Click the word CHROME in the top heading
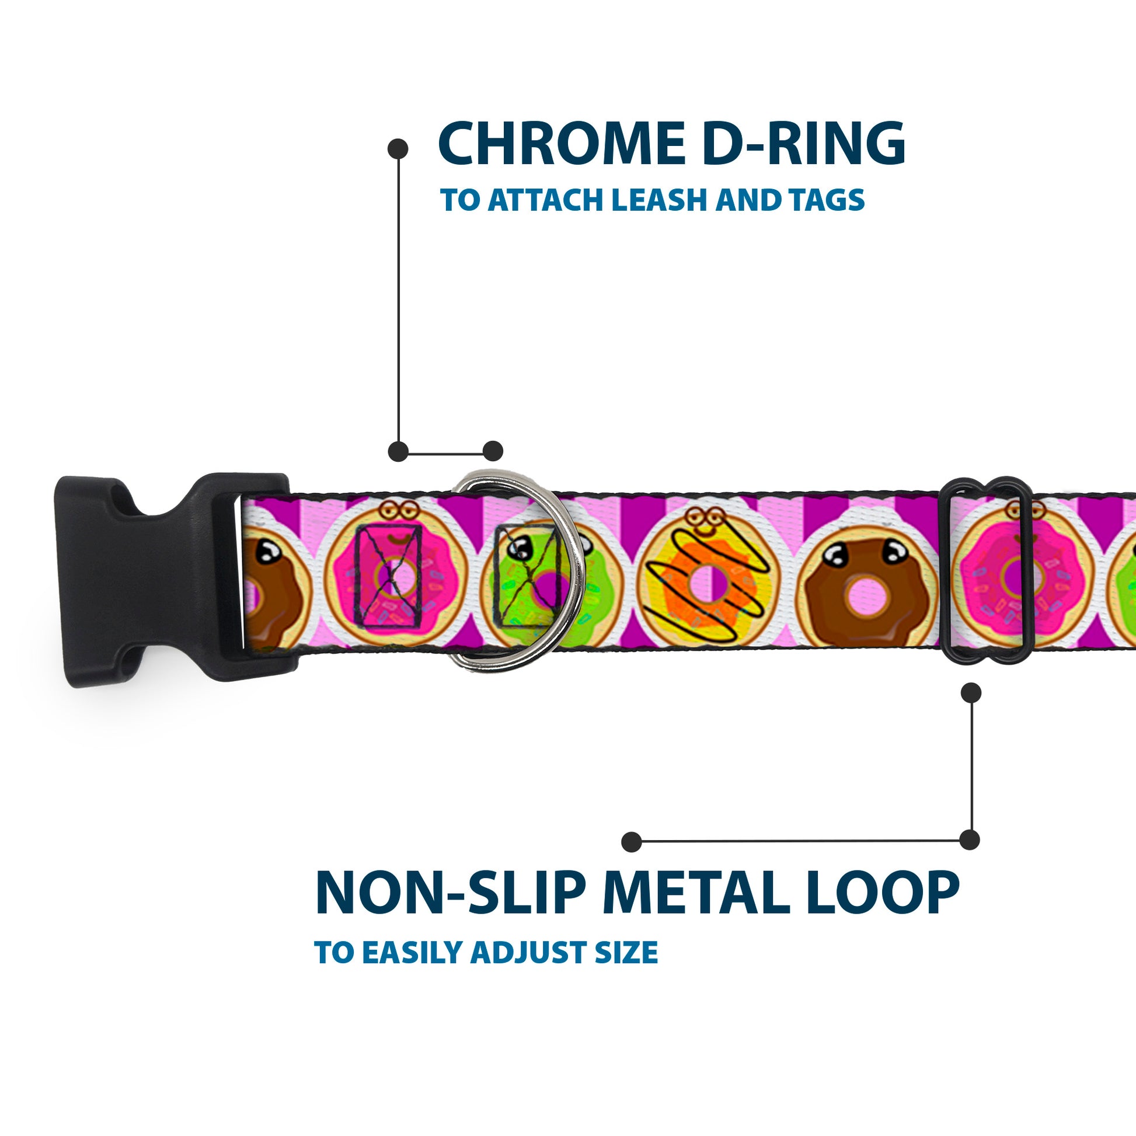click(x=561, y=144)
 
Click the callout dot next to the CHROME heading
click(x=398, y=149)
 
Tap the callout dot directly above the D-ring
click(x=493, y=451)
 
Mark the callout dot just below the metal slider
click(x=971, y=693)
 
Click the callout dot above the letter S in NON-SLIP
click(x=632, y=842)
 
